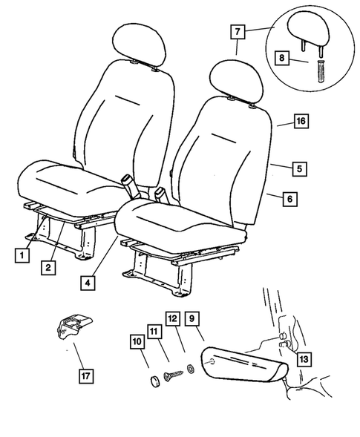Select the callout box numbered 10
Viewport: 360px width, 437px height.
coord(137,342)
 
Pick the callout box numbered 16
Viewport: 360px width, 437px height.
coord(300,120)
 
